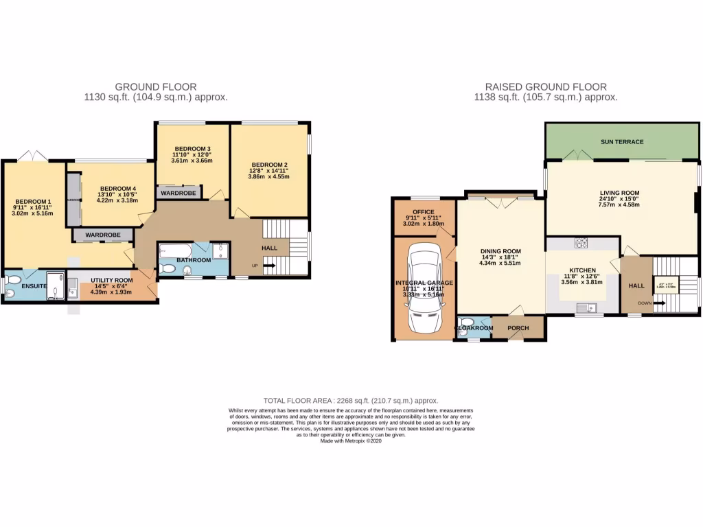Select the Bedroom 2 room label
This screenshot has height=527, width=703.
(x=268, y=165)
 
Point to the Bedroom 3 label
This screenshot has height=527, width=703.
(x=192, y=149)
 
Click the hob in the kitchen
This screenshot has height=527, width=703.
(x=582, y=242)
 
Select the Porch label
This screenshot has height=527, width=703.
(x=518, y=328)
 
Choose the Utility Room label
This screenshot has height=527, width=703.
(x=112, y=281)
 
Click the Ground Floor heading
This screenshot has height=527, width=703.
(x=156, y=87)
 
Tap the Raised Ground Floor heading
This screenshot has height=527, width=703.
(x=546, y=87)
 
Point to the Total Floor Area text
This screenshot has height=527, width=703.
(x=351, y=401)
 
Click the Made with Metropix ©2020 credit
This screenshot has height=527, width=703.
(x=351, y=441)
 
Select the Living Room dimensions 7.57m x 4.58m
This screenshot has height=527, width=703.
(x=619, y=204)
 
